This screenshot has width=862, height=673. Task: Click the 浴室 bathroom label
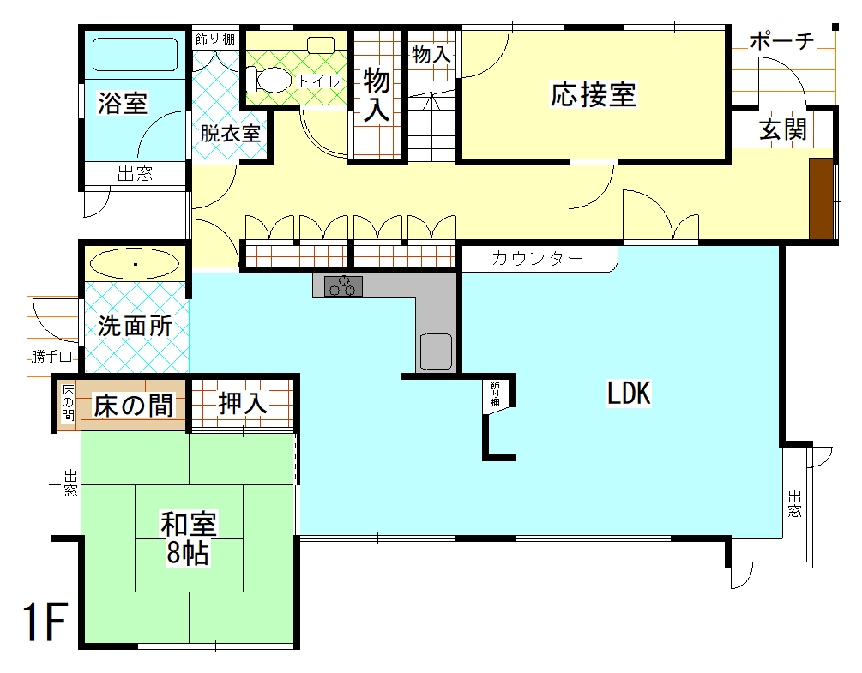123,104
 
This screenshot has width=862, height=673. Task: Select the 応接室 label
594,94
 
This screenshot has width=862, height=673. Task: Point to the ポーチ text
781,41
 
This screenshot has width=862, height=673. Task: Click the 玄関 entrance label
782,130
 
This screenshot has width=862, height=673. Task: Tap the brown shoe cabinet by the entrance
821,199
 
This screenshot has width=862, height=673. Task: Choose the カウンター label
538,258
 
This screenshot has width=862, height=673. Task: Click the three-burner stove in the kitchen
344,286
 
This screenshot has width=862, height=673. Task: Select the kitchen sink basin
436,350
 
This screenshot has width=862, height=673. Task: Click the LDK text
630,394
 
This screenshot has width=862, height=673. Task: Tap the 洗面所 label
135,327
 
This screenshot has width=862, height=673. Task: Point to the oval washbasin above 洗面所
135,264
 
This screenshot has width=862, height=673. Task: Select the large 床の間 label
134,406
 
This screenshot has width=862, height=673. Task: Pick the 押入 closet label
244,404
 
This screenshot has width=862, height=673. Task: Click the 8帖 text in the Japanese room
188,553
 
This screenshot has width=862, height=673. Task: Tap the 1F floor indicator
44,622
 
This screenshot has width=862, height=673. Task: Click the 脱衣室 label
230,134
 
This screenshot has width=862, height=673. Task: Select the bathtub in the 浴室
135,57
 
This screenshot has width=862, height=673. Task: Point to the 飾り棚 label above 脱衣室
214,39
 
